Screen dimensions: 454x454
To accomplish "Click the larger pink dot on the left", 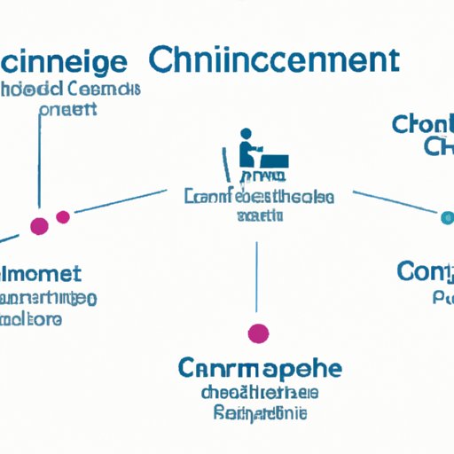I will [39, 225].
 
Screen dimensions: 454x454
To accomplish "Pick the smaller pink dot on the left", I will [62, 216].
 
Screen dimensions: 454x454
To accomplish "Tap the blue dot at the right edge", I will [446, 215].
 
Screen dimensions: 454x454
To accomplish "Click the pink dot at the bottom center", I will [257, 333].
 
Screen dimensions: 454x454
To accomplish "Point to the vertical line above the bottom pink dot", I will [257, 275].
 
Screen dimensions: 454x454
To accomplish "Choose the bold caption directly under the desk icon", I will [259, 197].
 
